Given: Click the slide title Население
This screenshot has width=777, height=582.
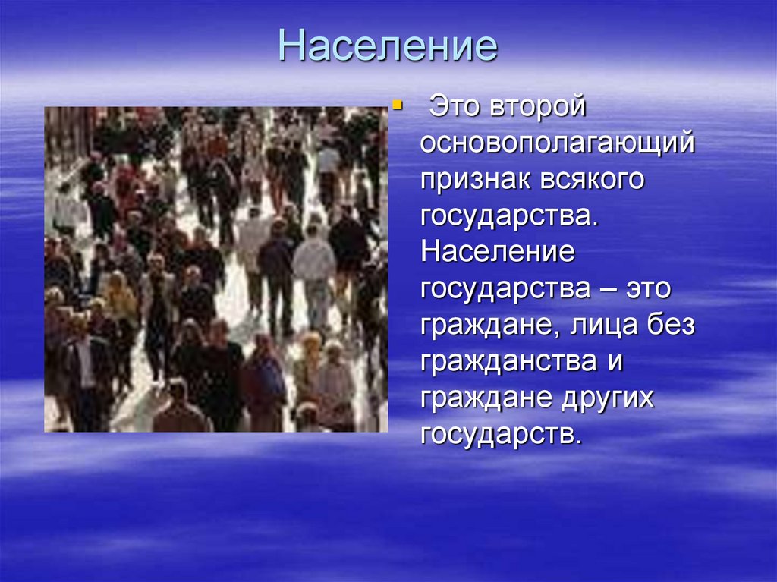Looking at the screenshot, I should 388,46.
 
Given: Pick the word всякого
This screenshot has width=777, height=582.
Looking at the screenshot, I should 592,180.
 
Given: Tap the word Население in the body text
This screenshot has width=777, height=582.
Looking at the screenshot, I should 498,252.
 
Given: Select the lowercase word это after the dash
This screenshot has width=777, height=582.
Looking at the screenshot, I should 648,289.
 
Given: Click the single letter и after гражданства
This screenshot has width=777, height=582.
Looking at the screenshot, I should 615,363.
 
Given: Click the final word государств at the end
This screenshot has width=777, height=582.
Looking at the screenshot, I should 502,435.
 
